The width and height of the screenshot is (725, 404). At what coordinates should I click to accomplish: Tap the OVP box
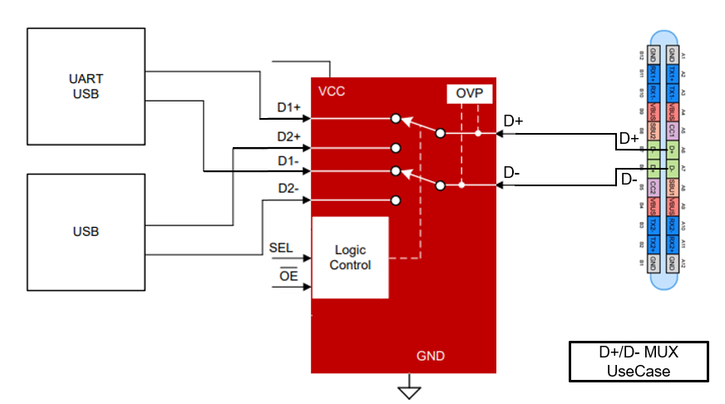point(470,95)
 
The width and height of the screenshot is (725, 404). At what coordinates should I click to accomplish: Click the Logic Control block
point(350,257)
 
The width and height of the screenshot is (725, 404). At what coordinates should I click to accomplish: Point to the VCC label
point(331,91)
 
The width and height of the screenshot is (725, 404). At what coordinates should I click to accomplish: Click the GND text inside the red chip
point(430,356)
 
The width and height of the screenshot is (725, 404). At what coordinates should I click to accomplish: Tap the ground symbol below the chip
point(408,390)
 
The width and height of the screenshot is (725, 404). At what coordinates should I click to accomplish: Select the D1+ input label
point(289,108)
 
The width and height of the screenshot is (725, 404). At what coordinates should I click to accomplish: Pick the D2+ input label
point(289,136)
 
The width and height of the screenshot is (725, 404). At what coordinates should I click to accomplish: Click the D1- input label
point(289,160)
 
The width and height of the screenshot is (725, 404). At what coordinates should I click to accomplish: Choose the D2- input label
point(289,190)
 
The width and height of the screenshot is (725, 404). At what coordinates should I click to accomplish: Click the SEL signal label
point(281,247)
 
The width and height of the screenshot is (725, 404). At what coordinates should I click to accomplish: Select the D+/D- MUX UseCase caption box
point(639,362)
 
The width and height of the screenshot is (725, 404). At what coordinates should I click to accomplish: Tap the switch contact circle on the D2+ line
point(397,149)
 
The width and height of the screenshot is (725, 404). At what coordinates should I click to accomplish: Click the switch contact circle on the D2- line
point(397,200)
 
